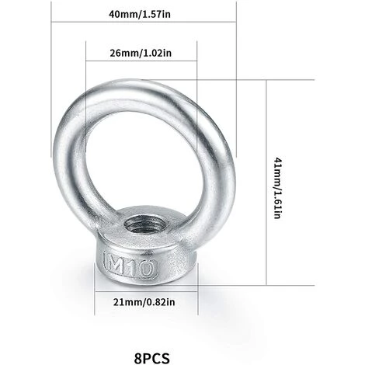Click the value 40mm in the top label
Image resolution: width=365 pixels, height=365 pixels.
pos(123,14)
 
